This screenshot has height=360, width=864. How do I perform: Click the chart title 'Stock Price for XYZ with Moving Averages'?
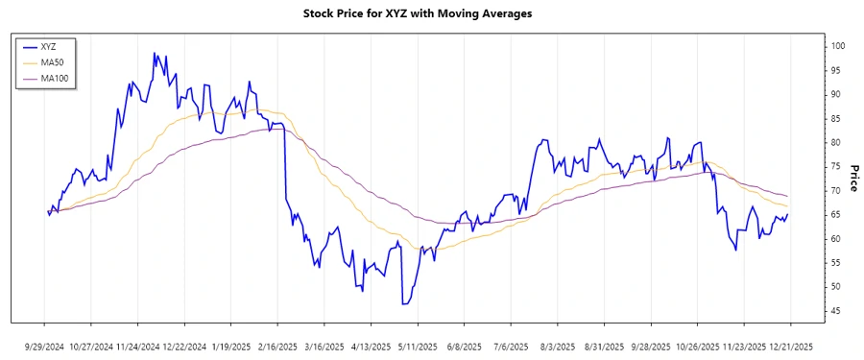pos(431,13)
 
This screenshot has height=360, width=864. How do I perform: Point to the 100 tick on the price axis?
pos(837,46)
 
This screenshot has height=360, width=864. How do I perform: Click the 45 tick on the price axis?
pos(834,310)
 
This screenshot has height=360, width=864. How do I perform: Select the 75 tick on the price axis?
pos(834,166)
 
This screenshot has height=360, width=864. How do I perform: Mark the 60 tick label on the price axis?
pos(834,238)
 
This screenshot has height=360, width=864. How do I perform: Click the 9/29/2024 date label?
pos(44,346)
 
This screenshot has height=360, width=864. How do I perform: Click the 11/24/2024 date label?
pos(137,346)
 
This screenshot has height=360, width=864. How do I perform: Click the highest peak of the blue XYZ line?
pos(154,54)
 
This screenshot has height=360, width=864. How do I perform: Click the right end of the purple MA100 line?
pos(788,196)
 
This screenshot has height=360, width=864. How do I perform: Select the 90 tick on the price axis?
pos(834,94)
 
